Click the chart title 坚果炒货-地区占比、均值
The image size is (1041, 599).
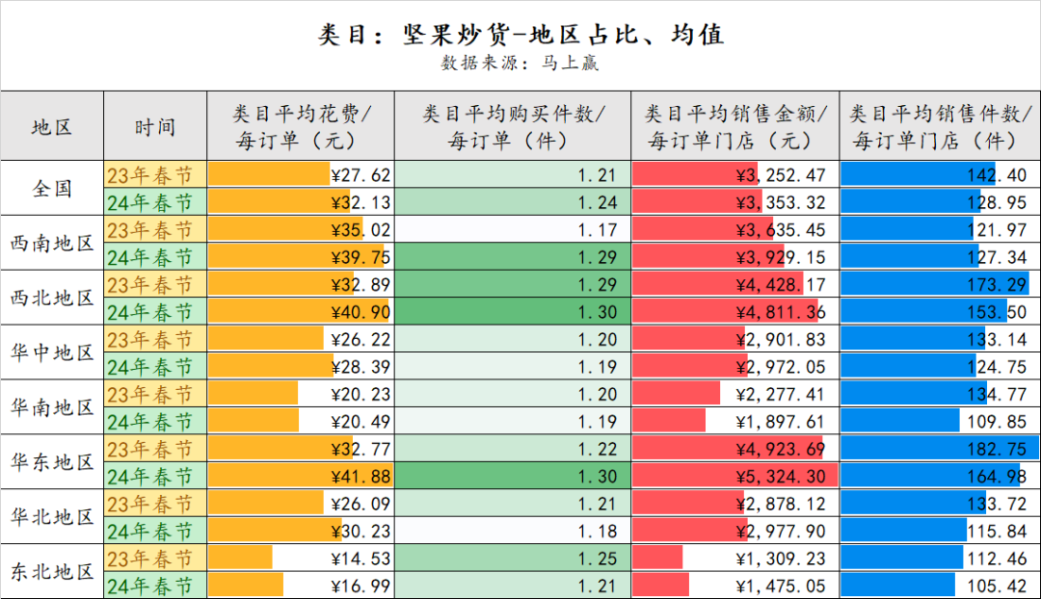pos(520,36)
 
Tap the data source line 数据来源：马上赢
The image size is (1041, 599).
pos(520,64)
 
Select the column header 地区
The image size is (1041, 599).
pos(52,126)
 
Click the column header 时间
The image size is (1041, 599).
pos(155,126)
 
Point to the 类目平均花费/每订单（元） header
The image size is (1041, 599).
pos(301,126)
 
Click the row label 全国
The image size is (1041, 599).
pos(52,188)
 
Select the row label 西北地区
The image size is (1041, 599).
pos(52,298)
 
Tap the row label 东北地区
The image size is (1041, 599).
pos(52,571)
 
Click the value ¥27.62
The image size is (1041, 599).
pos(360,175)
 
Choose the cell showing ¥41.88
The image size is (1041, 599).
pos(360,477)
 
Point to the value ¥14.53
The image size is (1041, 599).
pos(360,559)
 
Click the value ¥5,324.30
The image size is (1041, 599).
pos(781,477)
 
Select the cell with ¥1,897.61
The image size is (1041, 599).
pos(781,422)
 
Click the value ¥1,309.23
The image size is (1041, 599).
pos(781,559)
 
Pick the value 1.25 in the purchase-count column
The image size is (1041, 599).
pos(598,559)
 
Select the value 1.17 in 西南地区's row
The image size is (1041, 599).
pos(598,230)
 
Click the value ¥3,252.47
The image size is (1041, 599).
pos(781,175)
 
